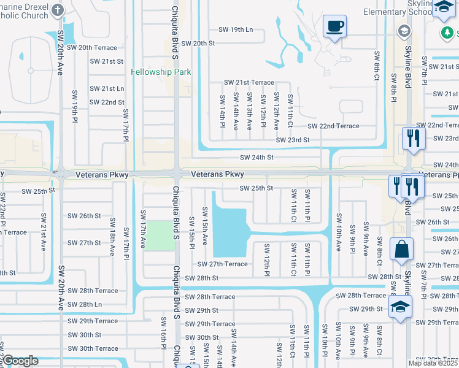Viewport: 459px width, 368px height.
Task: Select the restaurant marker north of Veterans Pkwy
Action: click(x=414, y=139)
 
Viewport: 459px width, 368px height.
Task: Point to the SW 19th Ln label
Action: click(x=236, y=29)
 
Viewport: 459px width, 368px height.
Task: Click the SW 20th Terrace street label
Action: click(x=98, y=47)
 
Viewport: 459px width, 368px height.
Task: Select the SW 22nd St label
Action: click(x=107, y=102)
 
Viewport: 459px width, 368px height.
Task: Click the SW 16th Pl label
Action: click(x=164, y=332)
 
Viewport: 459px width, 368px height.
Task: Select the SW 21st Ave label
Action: click(x=44, y=229)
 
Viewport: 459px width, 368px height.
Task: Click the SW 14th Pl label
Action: click(x=222, y=111)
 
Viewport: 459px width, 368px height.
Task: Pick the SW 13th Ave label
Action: click(x=250, y=111)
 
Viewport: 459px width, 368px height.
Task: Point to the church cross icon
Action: click(x=58, y=10)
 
